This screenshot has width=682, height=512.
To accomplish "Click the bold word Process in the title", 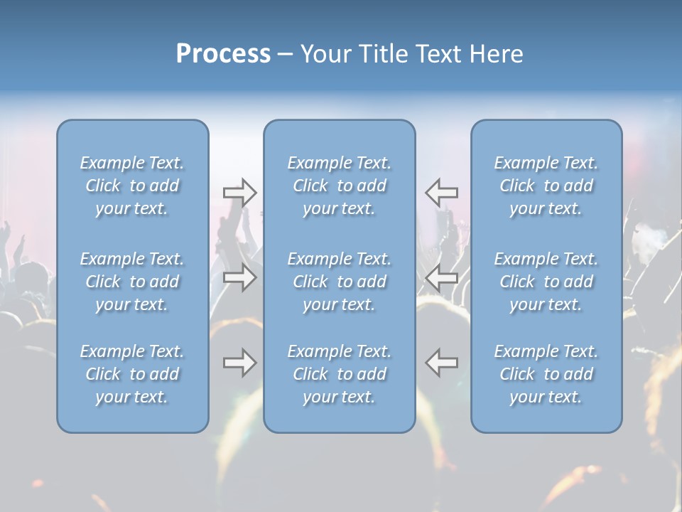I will [223, 54].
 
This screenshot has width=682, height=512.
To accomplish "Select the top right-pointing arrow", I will [240, 193].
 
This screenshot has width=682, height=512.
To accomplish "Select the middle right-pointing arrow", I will [240, 277].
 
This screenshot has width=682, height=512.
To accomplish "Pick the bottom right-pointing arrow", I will [240, 363].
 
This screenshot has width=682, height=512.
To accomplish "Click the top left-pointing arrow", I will [442, 193].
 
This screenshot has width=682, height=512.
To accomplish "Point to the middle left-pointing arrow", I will [442, 277].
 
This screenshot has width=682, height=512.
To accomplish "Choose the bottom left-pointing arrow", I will [442, 363].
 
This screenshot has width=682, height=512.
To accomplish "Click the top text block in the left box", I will [132, 186].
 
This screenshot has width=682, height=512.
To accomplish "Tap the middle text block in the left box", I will [132, 282].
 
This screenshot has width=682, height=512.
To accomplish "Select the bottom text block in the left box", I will [132, 374].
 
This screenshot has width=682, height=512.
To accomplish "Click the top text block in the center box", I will [340, 186].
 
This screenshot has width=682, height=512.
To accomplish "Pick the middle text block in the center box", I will [340, 282].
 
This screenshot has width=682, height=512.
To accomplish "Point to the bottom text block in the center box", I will [340, 374].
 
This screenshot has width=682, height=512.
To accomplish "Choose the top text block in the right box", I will [546, 186].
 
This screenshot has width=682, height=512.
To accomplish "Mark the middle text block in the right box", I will [546, 282].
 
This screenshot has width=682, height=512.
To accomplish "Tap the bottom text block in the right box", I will [546, 374].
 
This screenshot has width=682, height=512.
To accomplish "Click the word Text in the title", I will [439, 54].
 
